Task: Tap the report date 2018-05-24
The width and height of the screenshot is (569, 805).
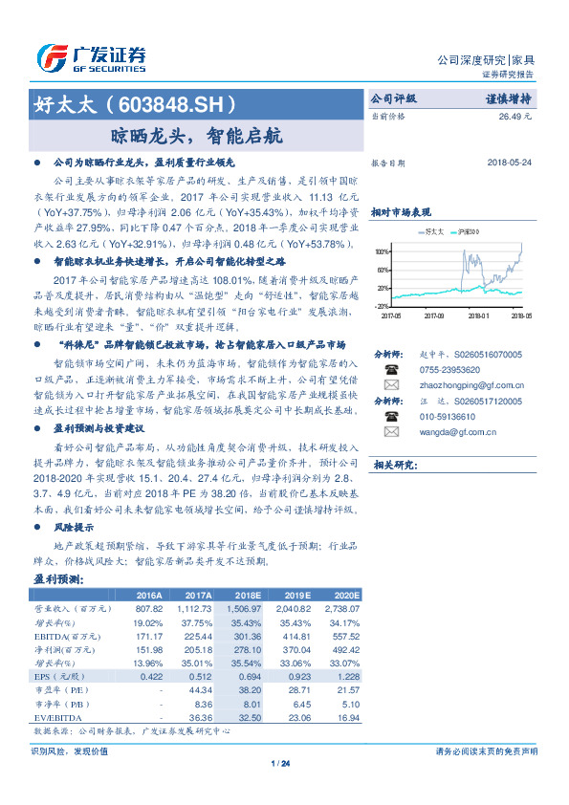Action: (506, 163)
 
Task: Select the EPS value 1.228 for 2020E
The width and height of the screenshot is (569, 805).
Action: (345, 676)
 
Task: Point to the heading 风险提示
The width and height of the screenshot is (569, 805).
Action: (73, 527)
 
